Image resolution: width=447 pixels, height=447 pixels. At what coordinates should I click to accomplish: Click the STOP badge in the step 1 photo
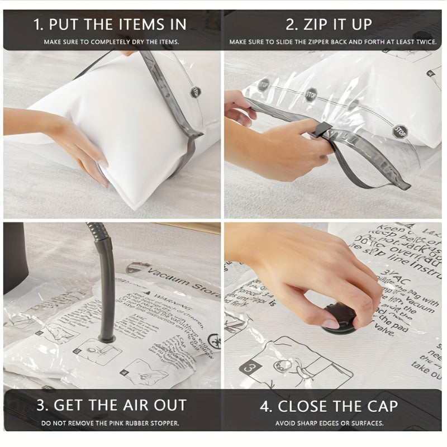click(196, 92)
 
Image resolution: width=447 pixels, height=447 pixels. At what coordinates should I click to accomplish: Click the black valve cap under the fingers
click(338, 319)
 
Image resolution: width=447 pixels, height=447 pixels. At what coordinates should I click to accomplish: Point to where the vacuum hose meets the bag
click(106, 337)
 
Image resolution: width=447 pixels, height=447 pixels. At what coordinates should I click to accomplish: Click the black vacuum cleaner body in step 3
click(15, 257)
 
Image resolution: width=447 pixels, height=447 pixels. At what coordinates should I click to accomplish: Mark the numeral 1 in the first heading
click(37, 25)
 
